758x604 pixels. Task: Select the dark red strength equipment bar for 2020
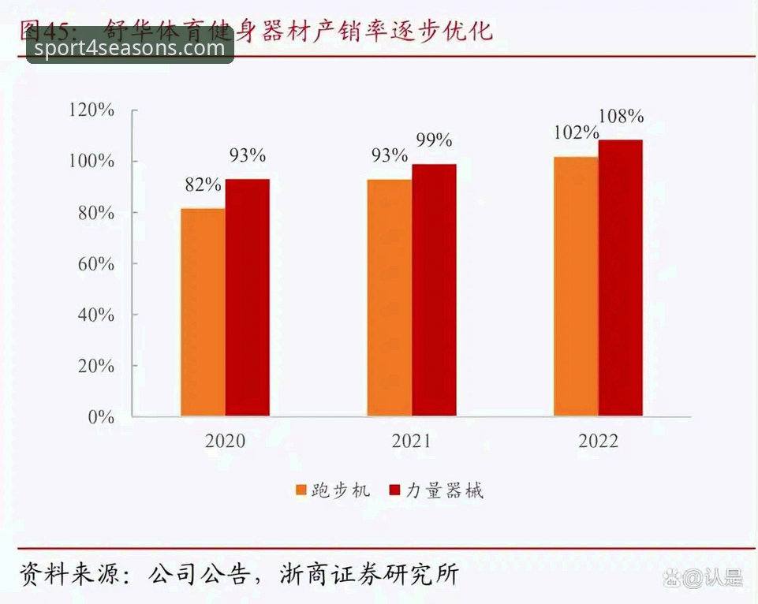[248, 297]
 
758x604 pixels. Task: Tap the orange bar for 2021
[389, 297]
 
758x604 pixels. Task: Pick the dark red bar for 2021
[434, 289]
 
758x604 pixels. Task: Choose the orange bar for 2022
[576, 285]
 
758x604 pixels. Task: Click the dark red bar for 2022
[621, 278]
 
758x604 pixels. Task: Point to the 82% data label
[203, 185]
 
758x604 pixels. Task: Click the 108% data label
[621, 117]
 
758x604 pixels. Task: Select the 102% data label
[576, 133]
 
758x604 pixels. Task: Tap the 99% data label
[434, 140]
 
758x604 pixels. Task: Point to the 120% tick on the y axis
[92, 110]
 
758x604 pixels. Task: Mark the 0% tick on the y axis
[101, 417]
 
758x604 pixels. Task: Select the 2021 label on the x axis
[412, 441]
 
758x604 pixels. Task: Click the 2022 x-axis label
[598, 441]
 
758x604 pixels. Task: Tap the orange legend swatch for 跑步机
[301, 490]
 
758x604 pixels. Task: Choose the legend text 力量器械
[444, 490]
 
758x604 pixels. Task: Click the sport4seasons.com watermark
[130, 48]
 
